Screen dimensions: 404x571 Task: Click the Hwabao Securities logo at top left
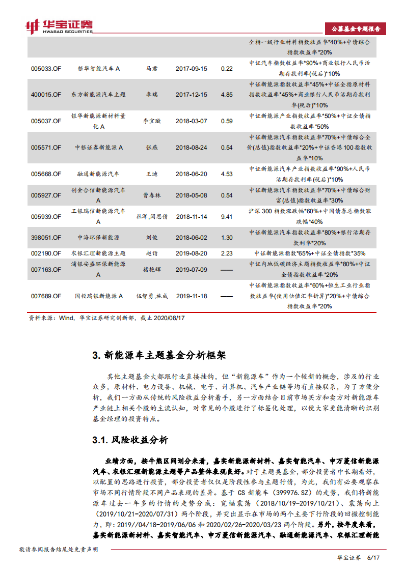pos(59,26)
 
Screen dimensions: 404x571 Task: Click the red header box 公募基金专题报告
pos(355,28)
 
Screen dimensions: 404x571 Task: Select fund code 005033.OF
pos(46,68)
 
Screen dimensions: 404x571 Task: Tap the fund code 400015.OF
pos(46,95)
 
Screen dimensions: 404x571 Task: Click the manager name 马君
pos(152,68)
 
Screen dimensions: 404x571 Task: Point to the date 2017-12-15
pos(192,95)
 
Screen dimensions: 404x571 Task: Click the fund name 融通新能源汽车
pos(98,174)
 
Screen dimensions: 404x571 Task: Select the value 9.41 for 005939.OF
pos(227,216)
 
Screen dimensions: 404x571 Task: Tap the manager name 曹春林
pos(152,195)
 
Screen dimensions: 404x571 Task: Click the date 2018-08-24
pos(192,148)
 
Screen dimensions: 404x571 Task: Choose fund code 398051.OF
pos(46,238)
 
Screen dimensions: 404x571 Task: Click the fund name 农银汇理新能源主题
pos(98,253)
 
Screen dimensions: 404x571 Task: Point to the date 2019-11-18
pos(192,296)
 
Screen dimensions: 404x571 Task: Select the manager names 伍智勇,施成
pos(152,296)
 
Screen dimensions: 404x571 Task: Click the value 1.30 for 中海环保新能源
pos(227,238)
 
